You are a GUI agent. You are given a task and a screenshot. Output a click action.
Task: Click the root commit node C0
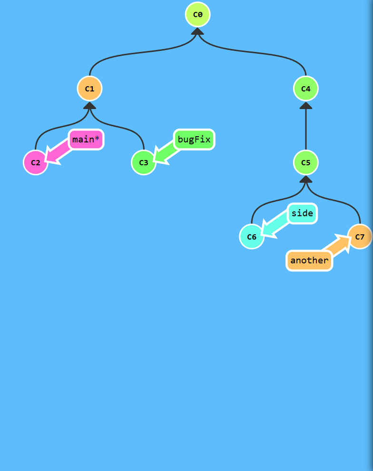(197, 14)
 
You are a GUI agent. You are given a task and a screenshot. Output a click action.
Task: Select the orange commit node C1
(89, 89)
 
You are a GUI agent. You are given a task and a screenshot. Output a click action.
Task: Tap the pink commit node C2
(36, 162)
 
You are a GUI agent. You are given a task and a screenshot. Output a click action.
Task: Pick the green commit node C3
(144, 162)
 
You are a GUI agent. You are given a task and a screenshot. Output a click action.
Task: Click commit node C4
(305, 89)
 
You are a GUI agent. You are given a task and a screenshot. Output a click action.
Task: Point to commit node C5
(305, 162)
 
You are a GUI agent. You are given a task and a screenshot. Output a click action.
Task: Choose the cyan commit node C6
(252, 237)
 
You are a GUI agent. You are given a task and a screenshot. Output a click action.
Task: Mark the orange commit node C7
(360, 237)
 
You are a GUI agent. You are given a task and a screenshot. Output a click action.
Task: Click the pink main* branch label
(86, 140)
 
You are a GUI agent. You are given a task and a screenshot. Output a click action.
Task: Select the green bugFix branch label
(194, 140)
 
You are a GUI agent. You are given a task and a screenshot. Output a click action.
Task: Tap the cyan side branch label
(302, 213)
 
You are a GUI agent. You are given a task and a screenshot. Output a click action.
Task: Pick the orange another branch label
(309, 261)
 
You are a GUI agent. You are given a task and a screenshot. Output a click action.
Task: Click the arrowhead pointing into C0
(197, 31)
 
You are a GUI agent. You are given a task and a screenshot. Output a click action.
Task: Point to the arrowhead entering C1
(89, 106)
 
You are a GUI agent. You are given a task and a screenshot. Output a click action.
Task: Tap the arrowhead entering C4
(305, 106)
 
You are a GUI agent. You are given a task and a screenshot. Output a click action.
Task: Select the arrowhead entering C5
(305, 180)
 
